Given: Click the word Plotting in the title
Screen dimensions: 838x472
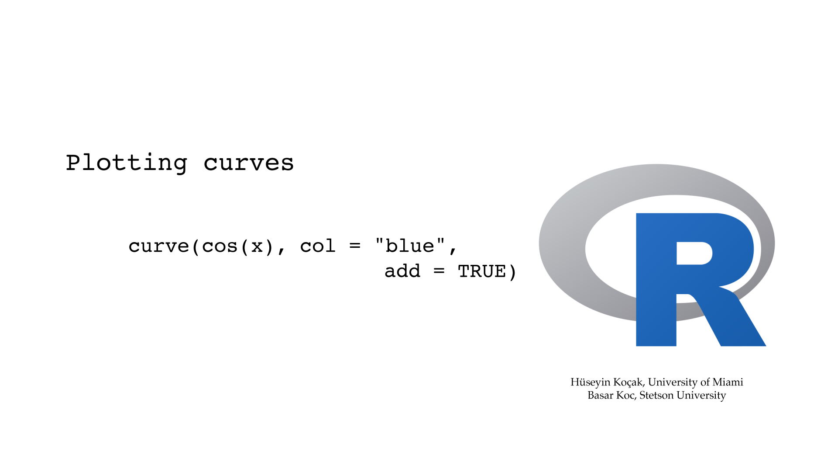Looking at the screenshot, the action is click(x=127, y=163).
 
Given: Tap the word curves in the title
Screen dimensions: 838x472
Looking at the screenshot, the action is click(x=249, y=163).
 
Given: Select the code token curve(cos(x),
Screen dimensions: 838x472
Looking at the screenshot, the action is click(x=207, y=247).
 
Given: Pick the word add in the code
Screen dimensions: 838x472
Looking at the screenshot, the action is click(x=402, y=271).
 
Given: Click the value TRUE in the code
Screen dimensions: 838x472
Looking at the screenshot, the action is click(x=482, y=271).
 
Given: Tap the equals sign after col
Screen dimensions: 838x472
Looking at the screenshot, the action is click(x=355, y=246).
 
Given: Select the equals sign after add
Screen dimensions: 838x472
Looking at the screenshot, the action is click(x=439, y=271).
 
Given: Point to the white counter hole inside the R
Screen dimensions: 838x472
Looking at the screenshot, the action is click(x=694, y=253).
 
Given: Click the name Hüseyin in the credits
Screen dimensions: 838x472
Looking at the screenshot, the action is click(x=590, y=382).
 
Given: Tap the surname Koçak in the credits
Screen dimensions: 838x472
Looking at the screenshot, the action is click(x=629, y=382).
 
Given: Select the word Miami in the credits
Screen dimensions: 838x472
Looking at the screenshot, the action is click(x=728, y=382).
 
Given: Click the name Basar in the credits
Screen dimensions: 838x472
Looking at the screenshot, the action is click(x=601, y=395).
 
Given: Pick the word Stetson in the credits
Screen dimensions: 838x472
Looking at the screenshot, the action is click(x=656, y=395).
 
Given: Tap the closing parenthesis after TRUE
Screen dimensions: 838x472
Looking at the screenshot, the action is click(x=512, y=272).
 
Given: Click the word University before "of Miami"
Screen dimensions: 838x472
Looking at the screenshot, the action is click(x=673, y=382).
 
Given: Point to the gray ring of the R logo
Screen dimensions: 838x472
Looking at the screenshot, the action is click(x=563, y=245).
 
